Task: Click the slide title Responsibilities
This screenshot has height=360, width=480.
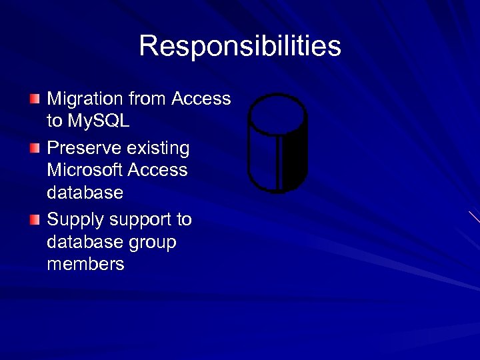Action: tap(240, 47)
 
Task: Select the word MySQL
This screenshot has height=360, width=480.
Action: tap(98, 121)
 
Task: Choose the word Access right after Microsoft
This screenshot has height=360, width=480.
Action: tap(157, 170)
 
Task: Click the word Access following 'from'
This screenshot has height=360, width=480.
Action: tap(201, 99)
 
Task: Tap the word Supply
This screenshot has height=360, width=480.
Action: tap(75, 220)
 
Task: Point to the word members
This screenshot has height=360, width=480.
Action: tap(85, 264)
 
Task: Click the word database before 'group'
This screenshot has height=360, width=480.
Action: tap(85, 242)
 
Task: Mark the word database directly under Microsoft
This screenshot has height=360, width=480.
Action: tap(85, 193)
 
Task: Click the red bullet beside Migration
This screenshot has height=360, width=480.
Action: tap(35, 99)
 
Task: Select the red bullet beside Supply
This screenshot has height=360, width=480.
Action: tap(35, 219)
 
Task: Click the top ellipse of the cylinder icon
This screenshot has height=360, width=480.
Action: tap(277, 115)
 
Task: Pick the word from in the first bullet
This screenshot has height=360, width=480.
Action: tap(147, 99)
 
